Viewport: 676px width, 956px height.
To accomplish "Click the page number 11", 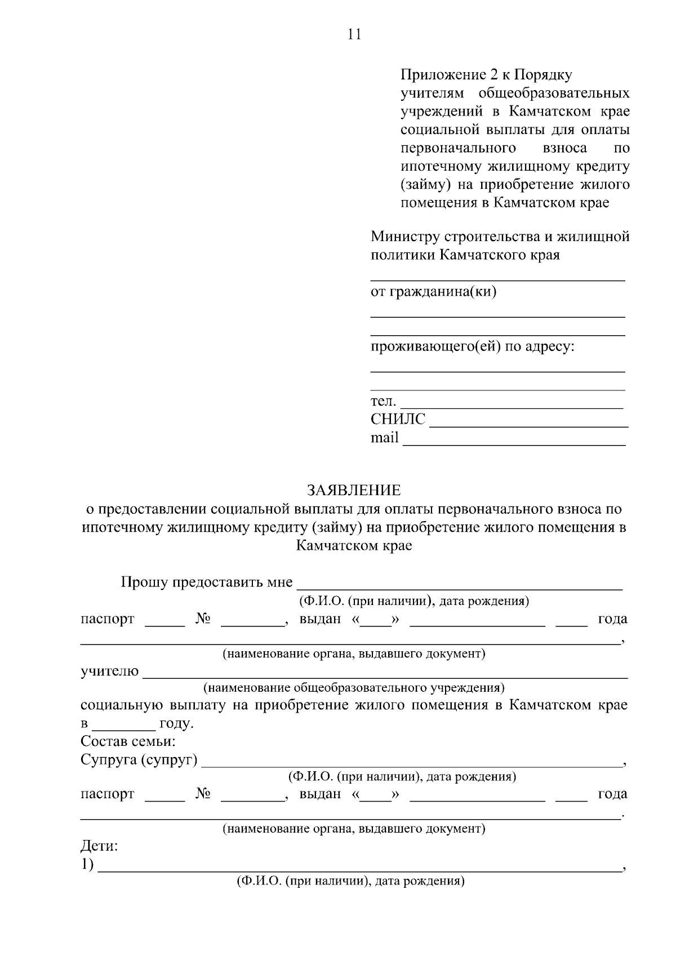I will pyautogui.click(x=354, y=34).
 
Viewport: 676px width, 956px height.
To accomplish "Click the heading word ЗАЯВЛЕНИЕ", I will pyautogui.click(x=354, y=490).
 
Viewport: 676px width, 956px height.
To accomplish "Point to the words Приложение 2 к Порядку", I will pyautogui.click(x=486, y=74).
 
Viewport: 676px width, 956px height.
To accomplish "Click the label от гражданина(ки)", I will pyautogui.click(x=433, y=292).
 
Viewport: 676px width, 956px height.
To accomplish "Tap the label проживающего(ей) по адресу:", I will pyautogui.click(x=472, y=346).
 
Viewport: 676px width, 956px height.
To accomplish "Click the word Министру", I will pyautogui.click(x=406, y=237).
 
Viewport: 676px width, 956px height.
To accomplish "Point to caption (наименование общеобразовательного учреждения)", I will pyautogui.click(x=354, y=688).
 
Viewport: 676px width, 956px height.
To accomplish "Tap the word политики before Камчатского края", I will pyautogui.click(x=402, y=255).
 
